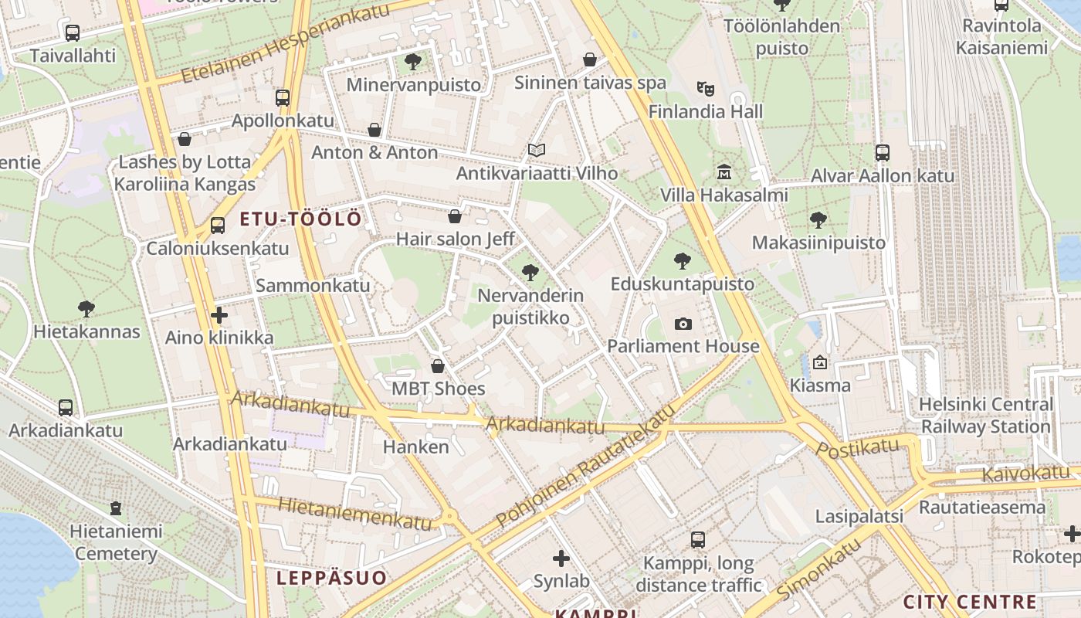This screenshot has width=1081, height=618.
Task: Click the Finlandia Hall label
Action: point(706,112)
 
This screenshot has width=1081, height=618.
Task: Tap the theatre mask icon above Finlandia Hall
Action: point(703,89)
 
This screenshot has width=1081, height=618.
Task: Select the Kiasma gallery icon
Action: point(819,362)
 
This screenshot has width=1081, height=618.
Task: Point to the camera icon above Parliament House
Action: point(683,324)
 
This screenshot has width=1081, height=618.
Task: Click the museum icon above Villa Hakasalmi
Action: point(723,171)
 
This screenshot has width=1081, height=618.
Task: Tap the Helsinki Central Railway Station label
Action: point(985,416)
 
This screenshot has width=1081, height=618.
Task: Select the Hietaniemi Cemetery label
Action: point(116,542)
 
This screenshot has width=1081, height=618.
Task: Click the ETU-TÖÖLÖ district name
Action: point(300,219)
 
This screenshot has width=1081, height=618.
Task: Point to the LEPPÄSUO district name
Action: point(331,578)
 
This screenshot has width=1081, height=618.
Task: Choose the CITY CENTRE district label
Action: point(970,603)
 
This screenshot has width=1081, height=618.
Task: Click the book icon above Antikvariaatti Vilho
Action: point(537,150)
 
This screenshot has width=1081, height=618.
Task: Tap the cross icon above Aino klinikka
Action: point(219,315)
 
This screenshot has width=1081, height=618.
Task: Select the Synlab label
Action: point(561,581)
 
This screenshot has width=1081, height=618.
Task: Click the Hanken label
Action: point(415,447)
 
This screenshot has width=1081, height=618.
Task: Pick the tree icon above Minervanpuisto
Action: point(413,62)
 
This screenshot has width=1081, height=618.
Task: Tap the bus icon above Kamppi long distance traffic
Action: point(698,540)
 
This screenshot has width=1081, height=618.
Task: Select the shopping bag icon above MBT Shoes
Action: point(438,366)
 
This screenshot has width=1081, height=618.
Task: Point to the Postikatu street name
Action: point(857,447)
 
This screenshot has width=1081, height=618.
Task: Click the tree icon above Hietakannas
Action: point(86,309)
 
